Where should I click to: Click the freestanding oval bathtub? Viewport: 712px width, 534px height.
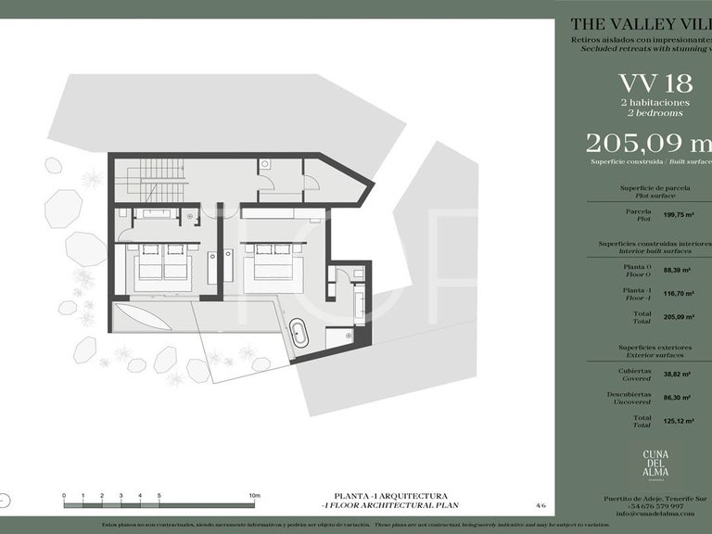[299, 333]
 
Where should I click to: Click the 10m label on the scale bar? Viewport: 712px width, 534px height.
[254, 496]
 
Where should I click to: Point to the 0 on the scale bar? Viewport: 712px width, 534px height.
[64, 496]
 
